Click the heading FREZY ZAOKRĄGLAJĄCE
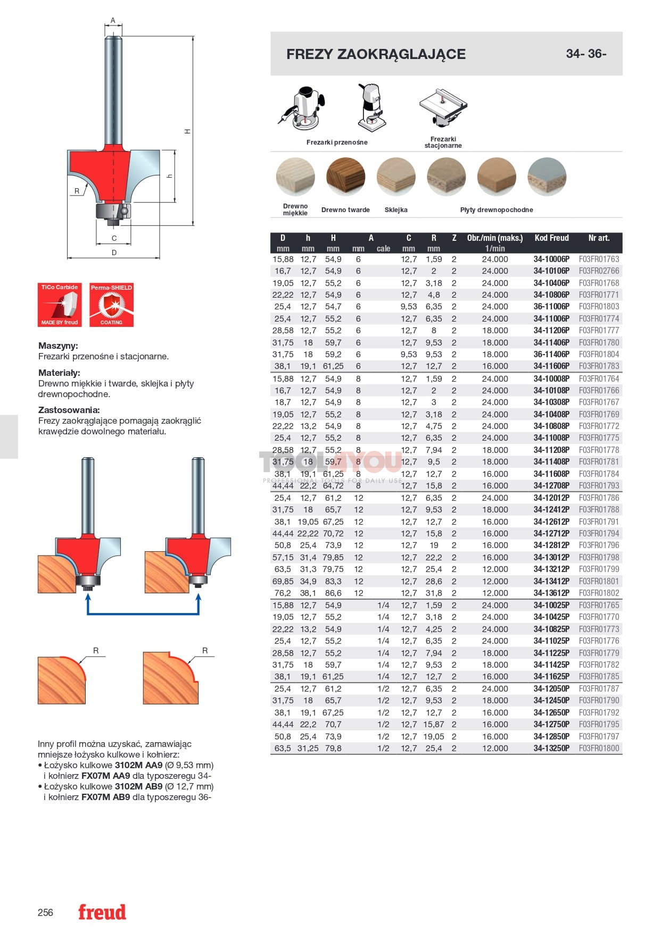(376, 54)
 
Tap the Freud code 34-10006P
(551, 259)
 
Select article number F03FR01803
(599, 307)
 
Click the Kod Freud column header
(551, 238)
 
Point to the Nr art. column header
(599, 238)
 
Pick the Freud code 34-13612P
(551, 593)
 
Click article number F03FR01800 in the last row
(599, 749)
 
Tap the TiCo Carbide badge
(60, 305)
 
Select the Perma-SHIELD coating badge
(111, 305)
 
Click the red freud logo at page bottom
(102, 912)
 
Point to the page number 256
(45, 913)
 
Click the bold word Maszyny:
(58, 346)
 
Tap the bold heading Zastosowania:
(69, 410)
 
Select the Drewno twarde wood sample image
(345, 178)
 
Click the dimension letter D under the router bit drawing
(114, 253)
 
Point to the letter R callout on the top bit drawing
(77, 191)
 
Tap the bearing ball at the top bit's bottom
(123, 211)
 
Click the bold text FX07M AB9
(105, 797)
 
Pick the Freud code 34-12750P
(551, 725)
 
